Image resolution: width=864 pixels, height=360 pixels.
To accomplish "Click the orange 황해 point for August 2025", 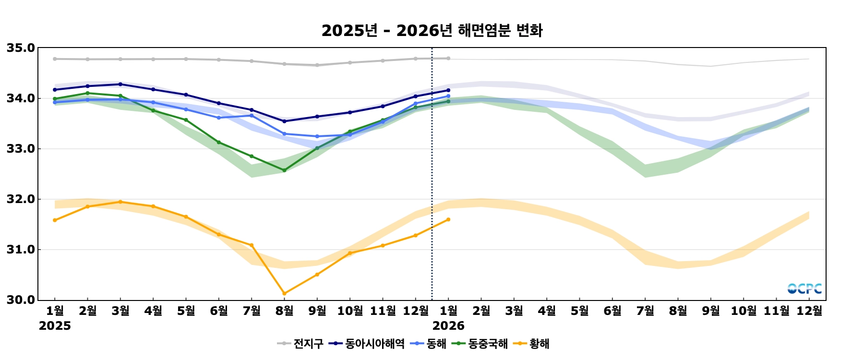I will coord(284,293).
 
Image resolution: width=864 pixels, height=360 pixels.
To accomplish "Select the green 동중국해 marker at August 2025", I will coord(284,170).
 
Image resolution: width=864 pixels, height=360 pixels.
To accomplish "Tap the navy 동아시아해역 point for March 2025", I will coord(120,84).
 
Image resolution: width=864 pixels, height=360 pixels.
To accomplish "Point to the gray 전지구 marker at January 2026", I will coord(448,59).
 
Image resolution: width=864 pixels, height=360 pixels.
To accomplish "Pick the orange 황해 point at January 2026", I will coord(448,219).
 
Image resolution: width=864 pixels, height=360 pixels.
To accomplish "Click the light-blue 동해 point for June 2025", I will coord(219,118).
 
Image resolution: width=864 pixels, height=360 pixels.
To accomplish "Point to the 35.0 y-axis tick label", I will coord(21,48).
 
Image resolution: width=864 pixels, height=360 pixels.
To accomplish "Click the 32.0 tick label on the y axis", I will coord(21,199).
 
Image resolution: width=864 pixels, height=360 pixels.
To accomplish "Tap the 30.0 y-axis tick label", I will coord(21,300).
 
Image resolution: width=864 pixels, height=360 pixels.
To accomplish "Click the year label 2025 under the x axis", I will coord(55,326).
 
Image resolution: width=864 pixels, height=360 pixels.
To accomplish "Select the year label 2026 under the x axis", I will coord(448,326).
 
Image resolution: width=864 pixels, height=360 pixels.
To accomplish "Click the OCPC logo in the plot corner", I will coord(804,288).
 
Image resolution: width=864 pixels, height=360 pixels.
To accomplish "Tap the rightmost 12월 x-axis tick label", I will coord(809,311).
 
